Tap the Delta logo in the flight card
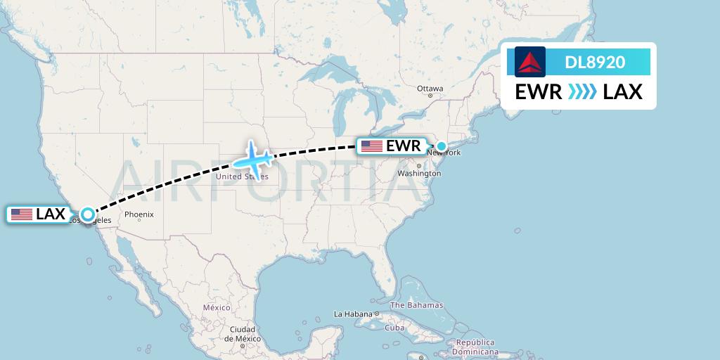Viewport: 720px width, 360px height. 529,62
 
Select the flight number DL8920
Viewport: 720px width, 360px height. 595,63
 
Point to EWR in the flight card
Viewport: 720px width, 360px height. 538,92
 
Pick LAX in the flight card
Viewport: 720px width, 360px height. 623,92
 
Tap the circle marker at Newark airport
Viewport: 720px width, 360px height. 442,146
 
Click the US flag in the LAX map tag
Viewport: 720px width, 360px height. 22,214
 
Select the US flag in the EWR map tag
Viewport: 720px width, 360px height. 372,146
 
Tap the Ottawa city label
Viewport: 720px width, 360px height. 430,89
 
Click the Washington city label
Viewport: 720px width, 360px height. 415,173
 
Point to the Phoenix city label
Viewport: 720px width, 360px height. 139,214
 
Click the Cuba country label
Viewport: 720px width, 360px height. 394,328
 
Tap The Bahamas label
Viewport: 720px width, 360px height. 416,305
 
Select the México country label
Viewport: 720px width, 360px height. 217,307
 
